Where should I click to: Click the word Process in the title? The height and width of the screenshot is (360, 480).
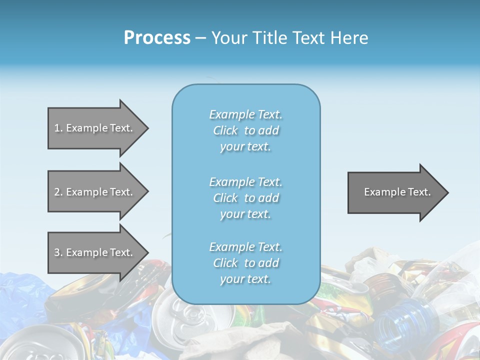(x=157, y=38)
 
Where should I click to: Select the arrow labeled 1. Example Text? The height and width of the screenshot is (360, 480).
(x=95, y=128)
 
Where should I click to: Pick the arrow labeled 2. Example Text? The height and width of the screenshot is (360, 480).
(x=95, y=192)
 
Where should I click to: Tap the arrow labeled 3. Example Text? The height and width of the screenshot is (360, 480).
(x=95, y=252)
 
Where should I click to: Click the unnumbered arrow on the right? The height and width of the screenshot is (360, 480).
(x=395, y=192)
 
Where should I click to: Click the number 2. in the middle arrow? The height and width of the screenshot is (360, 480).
(x=58, y=192)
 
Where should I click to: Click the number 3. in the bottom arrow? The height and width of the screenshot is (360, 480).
(x=58, y=252)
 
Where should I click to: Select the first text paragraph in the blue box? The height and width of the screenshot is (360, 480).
(x=245, y=130)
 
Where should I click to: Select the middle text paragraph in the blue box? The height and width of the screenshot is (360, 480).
(x=245, y=198)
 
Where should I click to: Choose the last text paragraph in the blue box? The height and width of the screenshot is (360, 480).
(x=245, y=263)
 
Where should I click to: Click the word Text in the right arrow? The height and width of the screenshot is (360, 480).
(x=419, y=192)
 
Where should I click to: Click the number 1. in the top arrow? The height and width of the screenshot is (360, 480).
(x=58, y=128)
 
